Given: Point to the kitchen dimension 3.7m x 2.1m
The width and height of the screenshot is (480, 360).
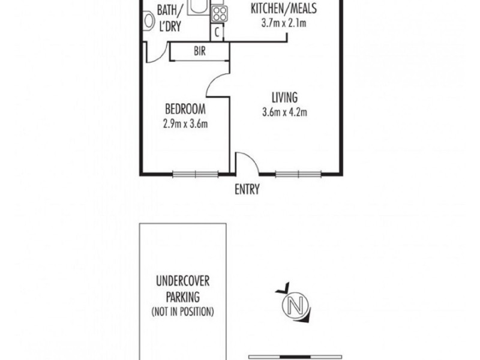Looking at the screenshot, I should (284, 24).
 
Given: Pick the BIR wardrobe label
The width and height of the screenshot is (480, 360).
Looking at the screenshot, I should (200, 52).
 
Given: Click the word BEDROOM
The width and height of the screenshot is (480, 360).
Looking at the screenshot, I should (185, 110).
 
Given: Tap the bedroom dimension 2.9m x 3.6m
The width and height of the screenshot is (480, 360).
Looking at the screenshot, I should (185, 124).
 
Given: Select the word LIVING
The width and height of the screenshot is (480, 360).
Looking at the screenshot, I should (284, 97).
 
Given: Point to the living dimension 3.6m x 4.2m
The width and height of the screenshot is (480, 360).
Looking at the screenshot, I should (284, 112).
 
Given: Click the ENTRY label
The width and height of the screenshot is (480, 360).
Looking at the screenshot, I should (247, 190).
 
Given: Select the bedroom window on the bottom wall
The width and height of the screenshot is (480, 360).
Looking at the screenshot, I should (195, 175).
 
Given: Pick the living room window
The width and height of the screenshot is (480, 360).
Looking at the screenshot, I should (298, 175).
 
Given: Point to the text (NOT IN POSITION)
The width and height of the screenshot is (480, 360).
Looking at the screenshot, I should (183, 312).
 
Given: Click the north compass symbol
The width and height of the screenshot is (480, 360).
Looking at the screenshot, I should (295, 305).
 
